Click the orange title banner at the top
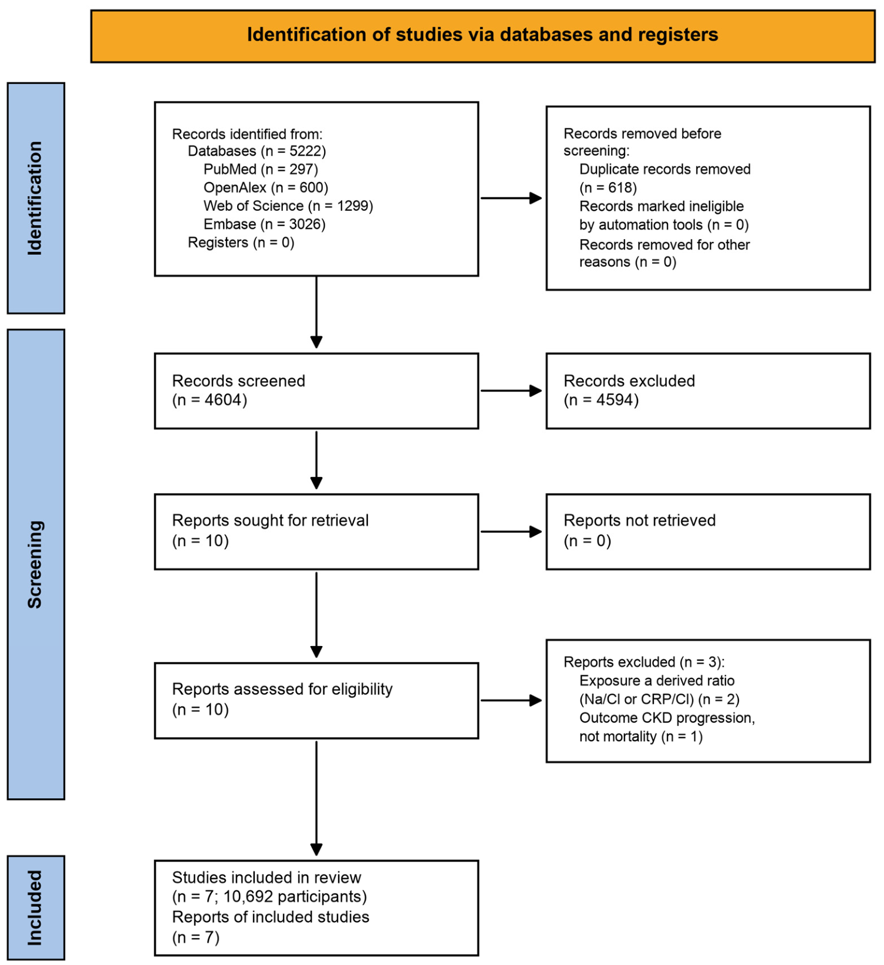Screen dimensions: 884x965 (483, 36)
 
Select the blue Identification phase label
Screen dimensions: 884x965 (36, 198)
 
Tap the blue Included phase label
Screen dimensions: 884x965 (36, 907)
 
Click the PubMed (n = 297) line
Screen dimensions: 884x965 (261, 169)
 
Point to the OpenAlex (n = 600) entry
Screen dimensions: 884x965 (266, 187)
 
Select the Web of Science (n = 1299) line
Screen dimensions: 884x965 (288, 206)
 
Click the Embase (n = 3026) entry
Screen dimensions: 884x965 (265, 224)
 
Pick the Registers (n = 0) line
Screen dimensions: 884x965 (241, 242)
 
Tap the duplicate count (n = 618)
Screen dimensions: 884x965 (608, 187)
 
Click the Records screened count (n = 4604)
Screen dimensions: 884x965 (210, 400)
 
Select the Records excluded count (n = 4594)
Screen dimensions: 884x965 (601, 400)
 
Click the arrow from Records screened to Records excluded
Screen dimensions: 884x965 (511, 391)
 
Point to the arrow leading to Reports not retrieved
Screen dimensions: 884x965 (511, 532)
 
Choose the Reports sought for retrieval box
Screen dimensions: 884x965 (316, 532)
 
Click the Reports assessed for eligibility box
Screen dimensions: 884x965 (316, 701)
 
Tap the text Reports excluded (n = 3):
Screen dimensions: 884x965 (644, 662)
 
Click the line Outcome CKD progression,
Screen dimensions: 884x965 (667, 718)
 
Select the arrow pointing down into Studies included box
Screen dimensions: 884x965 (316, 798)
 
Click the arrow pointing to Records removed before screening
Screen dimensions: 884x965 (511, 198)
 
